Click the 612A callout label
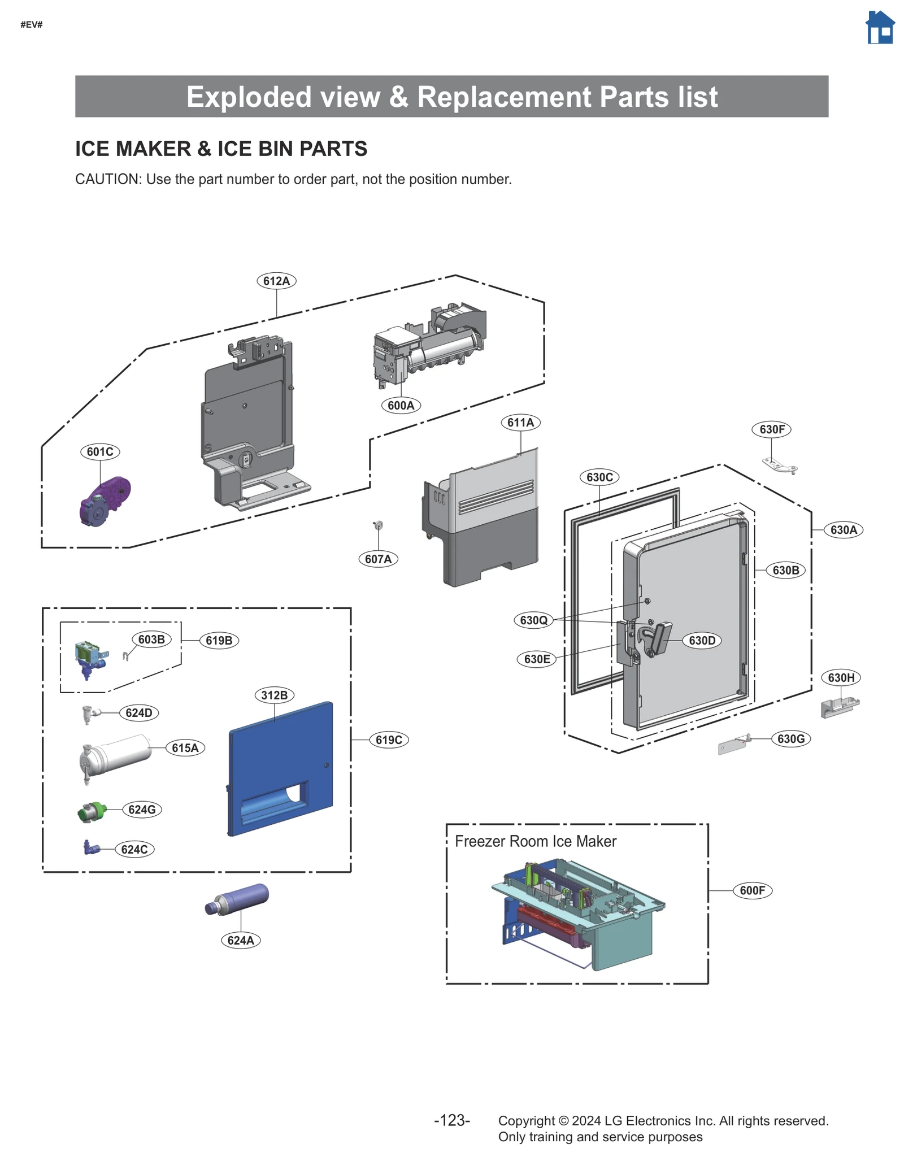[x=276, y=281]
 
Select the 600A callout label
[x=401, y=405]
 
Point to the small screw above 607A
[x=379, y=525]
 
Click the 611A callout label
[x=520, y=422]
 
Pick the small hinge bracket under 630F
[x=780, y=465]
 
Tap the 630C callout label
[x=599, y=477]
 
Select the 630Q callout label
[x=533, y=620]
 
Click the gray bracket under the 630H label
[x=839, y=707]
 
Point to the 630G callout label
[x=790, y=738]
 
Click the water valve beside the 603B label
[x=90, y=658]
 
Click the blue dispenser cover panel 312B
[x=280, y=768]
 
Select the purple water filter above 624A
[x=238, y=899]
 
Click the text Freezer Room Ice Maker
[x=535, y=841]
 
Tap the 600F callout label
[x=752, y=890]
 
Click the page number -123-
[x=451, y=1120]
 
